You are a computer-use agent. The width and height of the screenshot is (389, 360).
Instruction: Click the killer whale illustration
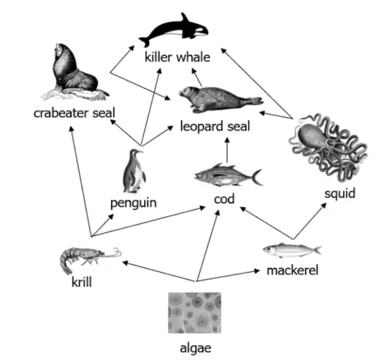click(x=174, y=31)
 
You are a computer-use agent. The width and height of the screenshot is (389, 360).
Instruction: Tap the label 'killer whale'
click(x=177, y=57)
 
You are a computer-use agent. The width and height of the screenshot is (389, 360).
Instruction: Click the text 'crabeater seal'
click(x=74, y=113)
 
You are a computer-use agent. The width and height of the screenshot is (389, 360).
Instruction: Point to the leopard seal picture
click(x=221, y=100)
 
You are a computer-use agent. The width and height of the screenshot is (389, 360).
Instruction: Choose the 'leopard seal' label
click(x=215, y=126)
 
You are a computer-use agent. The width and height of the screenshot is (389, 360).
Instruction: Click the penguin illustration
click(x=134, y=171)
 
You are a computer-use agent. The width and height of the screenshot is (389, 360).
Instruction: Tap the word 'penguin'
click(x=134, y=203)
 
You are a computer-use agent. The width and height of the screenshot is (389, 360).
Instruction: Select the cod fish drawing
click(x=228, y=174)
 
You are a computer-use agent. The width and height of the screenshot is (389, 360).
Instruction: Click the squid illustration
click(x=328, y=147)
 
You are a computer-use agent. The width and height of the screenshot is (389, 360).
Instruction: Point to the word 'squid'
click(x=340, y=194)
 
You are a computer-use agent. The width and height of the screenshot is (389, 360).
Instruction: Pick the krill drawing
click(x=90, y=260)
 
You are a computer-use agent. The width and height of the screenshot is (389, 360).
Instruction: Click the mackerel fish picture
click(x=292, y=250)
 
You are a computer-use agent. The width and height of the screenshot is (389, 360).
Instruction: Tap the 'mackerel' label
click(x=293, y=270)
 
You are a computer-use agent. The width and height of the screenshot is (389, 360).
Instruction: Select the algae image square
click(x=194, y=313)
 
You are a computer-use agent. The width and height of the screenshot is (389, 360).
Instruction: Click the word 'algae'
click(x=196, y=348)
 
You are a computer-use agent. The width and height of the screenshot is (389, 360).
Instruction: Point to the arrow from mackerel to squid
click(x=310, y=221)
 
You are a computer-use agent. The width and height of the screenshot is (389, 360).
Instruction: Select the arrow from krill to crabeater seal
click(x=81, y=181)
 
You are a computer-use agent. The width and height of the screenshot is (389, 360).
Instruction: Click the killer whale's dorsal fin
click(x=185, y=18)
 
